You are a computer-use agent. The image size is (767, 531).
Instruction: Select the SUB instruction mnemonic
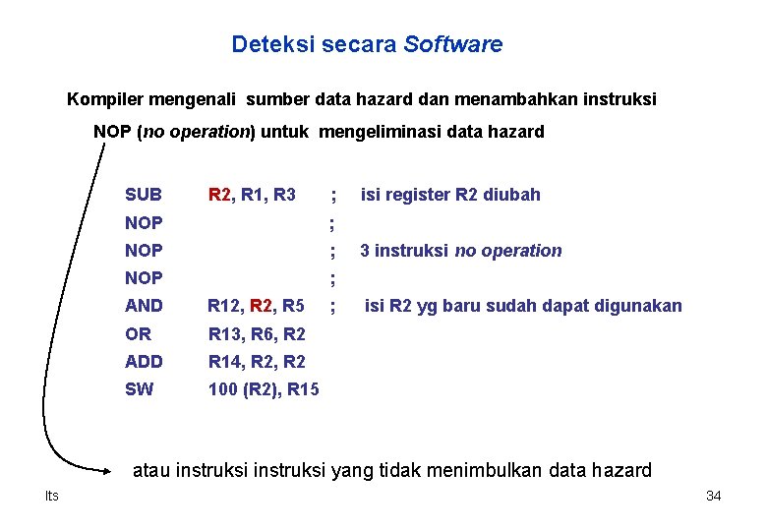point(144,195)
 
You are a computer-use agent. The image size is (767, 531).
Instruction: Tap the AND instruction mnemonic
point(144,306)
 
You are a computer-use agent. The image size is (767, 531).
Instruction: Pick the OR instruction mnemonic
point(138,334)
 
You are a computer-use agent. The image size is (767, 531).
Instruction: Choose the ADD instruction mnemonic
point(144,362)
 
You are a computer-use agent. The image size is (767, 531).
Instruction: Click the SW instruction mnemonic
point(139,389)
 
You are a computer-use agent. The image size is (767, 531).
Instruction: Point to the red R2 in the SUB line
point(219,195)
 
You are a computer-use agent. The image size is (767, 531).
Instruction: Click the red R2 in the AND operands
point(262,306)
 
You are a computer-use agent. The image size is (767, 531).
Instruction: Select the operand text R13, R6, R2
point(257,334)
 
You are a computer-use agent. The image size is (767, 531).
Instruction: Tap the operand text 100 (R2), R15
point(264,389)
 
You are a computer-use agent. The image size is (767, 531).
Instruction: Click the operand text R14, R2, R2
point(257,362)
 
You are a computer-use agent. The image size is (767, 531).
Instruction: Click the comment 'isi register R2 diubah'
point(450,195)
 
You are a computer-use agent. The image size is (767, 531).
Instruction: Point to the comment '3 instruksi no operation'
point(460,251)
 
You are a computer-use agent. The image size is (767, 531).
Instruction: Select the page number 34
point(714,496)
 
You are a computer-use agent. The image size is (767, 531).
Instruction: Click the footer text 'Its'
point(51,496)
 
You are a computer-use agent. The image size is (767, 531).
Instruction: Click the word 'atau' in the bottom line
point(151,470)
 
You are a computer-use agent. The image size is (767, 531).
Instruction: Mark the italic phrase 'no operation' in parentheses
point(196,132)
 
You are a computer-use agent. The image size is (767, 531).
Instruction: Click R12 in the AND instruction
point(223,306)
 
